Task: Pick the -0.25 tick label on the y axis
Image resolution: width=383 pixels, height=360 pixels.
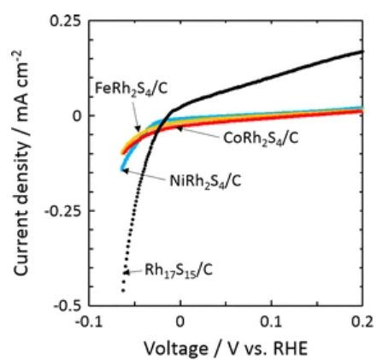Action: point(62,210)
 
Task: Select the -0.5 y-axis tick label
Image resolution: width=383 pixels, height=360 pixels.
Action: point(67,305)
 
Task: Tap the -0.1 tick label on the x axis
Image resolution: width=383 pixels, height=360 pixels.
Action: point(89,322)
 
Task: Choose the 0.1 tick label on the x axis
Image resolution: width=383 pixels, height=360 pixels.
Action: point(271,322)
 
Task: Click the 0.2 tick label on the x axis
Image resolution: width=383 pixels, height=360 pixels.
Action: point(362,322)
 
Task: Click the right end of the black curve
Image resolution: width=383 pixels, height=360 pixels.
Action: point(362,51)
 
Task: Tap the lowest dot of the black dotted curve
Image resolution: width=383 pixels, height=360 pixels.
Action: point(123,291)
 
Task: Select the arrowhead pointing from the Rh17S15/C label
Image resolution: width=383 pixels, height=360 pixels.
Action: point(127,272)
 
